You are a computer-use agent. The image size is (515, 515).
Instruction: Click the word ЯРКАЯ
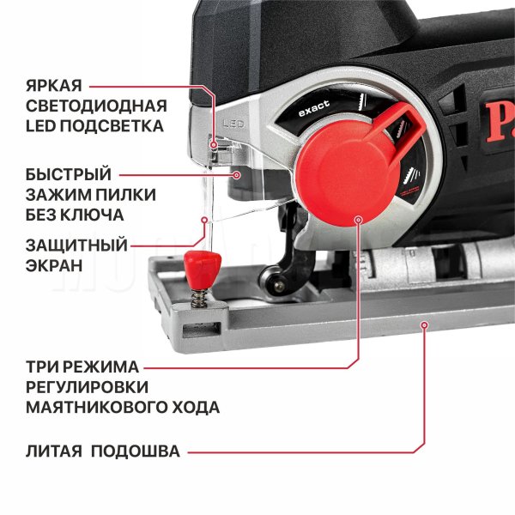(54, 86)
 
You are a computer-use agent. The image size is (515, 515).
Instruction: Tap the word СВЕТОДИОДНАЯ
(96, 106)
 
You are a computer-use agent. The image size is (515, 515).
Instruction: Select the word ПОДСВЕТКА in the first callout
(112, 126)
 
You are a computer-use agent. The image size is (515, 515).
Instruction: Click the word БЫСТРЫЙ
(69, 174)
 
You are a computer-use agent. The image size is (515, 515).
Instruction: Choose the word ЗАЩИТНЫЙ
(76, 245)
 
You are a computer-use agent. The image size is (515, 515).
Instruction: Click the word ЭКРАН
(54, 265)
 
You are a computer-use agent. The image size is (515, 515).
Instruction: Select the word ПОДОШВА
(136, 451)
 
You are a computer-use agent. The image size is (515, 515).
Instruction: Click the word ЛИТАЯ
(54, 451)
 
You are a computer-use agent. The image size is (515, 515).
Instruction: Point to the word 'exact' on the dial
(314, 108)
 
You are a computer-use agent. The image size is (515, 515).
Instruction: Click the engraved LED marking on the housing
(233, 124)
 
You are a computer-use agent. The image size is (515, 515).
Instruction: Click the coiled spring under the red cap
(199, 299)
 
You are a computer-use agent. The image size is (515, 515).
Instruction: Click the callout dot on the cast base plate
(425, 325)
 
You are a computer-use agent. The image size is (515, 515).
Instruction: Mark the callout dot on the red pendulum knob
(359, 220)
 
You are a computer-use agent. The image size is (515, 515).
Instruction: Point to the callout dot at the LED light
(214, 144)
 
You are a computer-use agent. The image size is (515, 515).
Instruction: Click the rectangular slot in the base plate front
(202, 330)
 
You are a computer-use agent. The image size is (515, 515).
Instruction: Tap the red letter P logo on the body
(497, 122)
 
